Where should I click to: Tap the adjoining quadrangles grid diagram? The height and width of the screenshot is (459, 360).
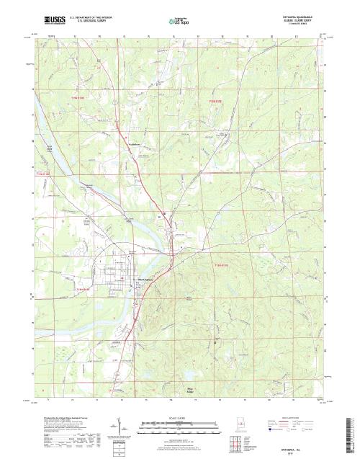coord(235,439)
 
